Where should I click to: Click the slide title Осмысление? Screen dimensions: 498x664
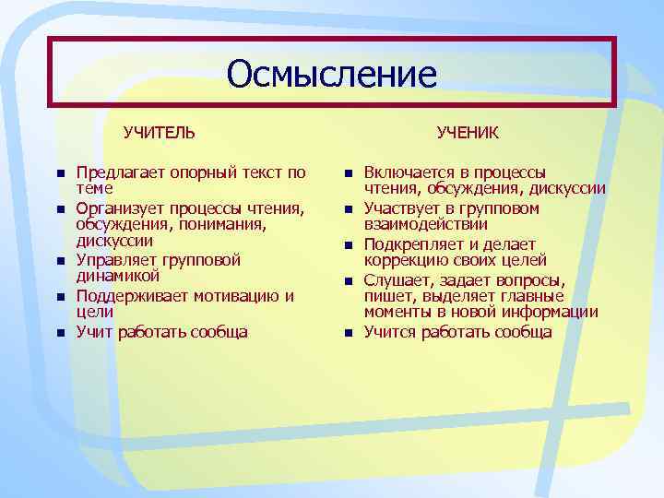coord(332,74)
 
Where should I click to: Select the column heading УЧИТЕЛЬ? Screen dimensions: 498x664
coord(160,133)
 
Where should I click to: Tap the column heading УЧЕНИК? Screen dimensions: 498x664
coord(468,133)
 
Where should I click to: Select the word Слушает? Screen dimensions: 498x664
coord(396,280)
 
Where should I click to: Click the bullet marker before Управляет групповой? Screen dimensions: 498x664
coord(59,261)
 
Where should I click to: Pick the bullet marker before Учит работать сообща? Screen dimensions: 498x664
coord(59,333)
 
